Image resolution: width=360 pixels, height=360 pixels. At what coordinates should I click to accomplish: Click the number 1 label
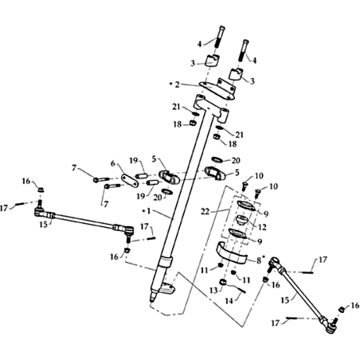(x=149, y=211)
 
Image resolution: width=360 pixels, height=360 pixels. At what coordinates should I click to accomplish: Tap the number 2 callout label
(x=177, y=84)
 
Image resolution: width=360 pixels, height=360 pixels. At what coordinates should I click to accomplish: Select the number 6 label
(x=113, y=163)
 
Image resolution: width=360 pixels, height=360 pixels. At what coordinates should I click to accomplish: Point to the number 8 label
(x=259, y=260)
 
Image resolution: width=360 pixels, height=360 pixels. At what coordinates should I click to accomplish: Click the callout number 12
(x=263, y=227)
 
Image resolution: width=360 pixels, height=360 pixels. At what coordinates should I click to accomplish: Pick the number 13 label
(x=214, y=291)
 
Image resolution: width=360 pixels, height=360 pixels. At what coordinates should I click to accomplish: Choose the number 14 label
(x=229, y=301)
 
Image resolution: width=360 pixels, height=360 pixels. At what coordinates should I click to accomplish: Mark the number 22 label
(x=205, y=212)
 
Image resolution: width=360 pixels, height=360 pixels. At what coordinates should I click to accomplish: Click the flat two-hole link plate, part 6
(x=130, y=181)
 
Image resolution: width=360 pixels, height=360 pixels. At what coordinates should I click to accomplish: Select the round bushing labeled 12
(x=241, y=221)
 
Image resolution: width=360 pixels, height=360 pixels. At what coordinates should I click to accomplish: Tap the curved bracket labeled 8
(x=233, y=252)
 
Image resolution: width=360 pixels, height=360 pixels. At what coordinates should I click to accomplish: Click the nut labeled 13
(x=224, y=283)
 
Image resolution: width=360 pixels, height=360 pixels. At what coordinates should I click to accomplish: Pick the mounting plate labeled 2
(x=217, y=88)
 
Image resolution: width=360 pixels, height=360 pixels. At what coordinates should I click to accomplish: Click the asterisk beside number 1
(x=144, y=210)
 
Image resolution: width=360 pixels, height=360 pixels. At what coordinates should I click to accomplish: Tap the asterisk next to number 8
(x=264, y=257)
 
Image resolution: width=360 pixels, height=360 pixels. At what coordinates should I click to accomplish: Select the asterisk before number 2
(x=171, y=84)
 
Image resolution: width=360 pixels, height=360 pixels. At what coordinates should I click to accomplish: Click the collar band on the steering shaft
(x=166, y=261)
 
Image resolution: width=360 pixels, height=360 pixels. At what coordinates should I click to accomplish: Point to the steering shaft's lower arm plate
(x=166, y=288)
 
